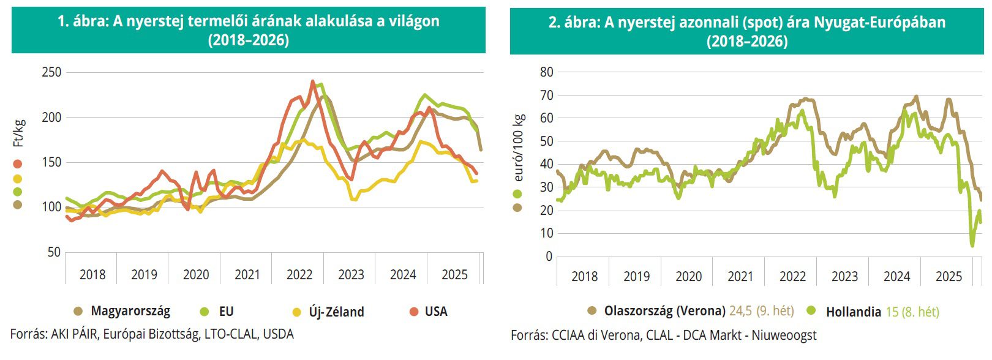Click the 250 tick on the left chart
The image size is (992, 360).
pos(51,72)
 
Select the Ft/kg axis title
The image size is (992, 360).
pos(19,133)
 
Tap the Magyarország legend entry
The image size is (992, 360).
pos(130,312)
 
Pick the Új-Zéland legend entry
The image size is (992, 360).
pos(336,312)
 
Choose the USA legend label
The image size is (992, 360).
pos(436,312)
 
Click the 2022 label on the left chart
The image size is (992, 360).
pos(299,275)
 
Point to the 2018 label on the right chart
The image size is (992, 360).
pos(584,277)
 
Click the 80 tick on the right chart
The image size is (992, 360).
pos(546,72)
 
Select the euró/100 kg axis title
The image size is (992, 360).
pos(519,148)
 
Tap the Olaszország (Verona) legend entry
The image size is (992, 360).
pos(664,311)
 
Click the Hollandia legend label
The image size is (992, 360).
pos(853,312)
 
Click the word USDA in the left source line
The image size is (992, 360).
pos(278,334)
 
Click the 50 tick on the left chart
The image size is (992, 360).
pos(54,252)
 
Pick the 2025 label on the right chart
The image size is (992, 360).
pos(949,277)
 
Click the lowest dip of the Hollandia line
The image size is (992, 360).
pos(972,246)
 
